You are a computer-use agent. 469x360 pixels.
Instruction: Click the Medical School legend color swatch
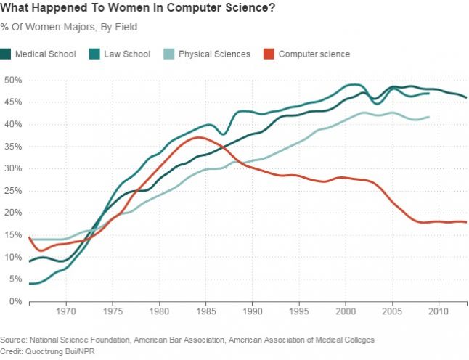point(6,54)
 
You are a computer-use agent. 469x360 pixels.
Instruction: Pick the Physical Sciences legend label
point(214,54)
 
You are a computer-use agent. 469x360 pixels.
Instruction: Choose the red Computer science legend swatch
point(269,54)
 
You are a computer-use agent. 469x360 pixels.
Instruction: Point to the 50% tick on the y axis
point(13,80)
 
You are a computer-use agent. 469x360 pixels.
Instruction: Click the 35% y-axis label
point(13,146)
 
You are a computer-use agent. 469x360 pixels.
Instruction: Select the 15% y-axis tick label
point(13,234)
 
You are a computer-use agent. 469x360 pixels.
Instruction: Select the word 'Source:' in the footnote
point(14,339)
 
